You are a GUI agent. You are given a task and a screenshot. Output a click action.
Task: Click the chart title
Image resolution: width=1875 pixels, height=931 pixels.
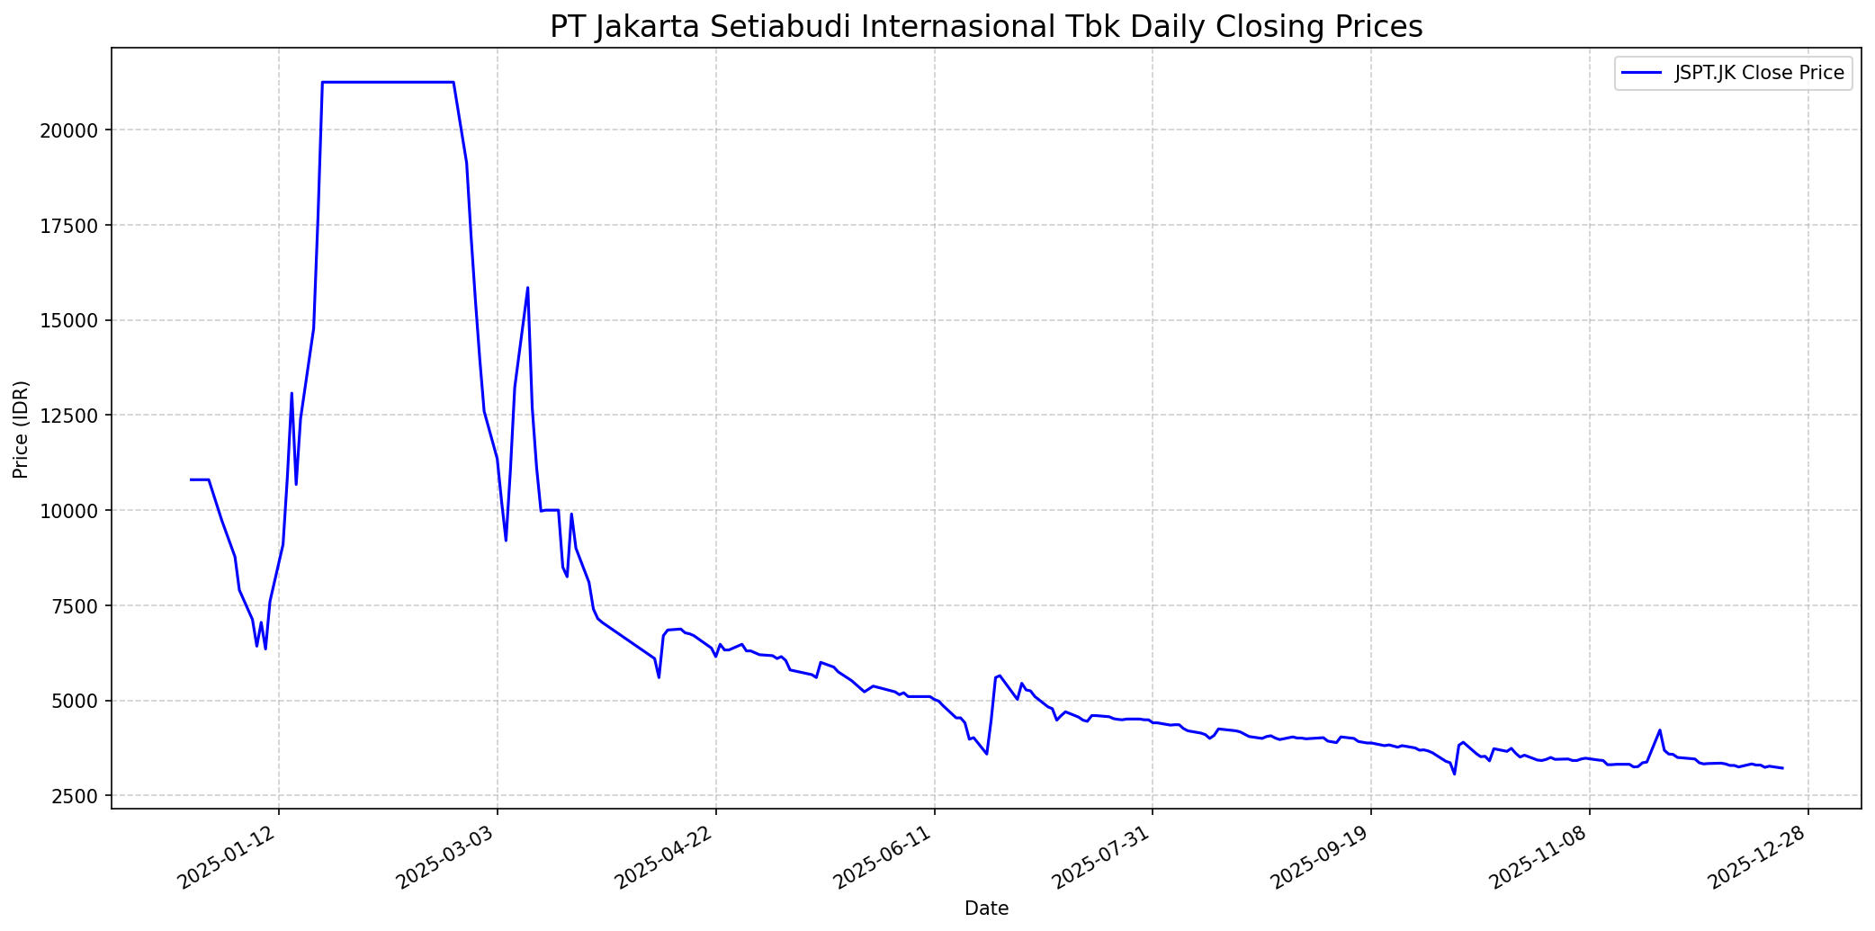(986, 27)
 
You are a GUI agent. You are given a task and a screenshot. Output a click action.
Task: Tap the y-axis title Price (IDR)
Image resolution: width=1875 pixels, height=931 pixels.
(21, 429)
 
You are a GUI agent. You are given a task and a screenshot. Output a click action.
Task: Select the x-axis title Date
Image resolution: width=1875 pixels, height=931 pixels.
(986, 909)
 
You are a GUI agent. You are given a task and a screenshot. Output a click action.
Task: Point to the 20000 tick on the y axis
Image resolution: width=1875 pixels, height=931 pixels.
(69, 130)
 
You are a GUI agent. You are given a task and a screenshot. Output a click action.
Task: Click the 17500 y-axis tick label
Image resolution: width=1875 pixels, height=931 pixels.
(69, 226)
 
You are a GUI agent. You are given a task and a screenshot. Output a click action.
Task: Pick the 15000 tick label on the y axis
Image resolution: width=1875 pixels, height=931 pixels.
(69, 320)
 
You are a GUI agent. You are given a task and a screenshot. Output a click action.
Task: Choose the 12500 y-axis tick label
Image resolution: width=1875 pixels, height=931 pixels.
(69, 416)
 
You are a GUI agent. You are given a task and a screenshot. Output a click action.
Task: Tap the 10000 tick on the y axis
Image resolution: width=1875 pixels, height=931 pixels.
(69, 511)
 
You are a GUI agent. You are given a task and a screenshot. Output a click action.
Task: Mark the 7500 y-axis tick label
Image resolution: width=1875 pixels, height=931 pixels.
(74, 605)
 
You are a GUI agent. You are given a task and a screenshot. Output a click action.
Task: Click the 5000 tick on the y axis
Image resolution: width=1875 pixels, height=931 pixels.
(74, 701)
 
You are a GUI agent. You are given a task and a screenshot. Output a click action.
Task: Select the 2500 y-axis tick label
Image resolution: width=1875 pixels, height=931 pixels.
(74, 796)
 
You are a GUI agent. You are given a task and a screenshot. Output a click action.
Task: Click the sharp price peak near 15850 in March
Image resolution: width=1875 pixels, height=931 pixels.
(527, 288)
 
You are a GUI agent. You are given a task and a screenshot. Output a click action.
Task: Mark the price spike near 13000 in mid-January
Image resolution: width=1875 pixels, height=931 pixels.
(292, 393)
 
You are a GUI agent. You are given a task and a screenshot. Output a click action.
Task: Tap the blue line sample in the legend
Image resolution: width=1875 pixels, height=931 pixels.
(1641, 73)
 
